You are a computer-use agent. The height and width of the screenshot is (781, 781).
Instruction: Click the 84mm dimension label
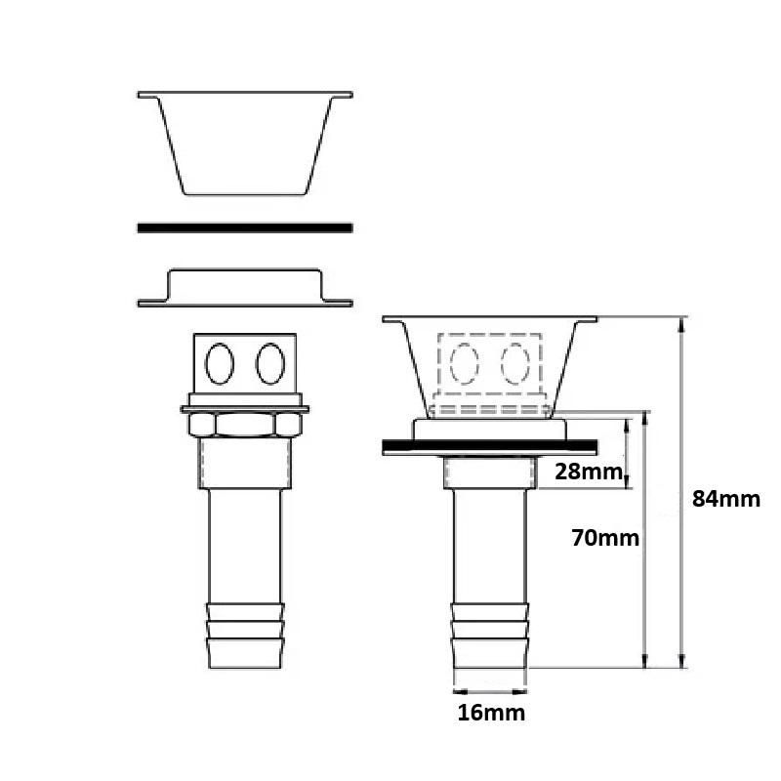tap(726, 499)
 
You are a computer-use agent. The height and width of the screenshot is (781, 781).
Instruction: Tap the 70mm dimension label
tap(605, 538)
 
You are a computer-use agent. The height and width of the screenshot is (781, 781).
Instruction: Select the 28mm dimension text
tap(589, 472)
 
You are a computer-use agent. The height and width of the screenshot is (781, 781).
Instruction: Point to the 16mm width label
tap(491, 713)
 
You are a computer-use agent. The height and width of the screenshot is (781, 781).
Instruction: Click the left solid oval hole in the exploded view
tap(220, 363)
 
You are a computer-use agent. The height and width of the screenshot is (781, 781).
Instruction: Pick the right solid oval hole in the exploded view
tap(270, 363)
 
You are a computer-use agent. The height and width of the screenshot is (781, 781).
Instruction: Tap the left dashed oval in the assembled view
tap(465, 363)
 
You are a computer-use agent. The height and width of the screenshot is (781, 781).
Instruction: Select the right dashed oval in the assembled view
tap(515, 363)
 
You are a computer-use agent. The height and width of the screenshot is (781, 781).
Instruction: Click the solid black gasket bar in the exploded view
tap(245, 227)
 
